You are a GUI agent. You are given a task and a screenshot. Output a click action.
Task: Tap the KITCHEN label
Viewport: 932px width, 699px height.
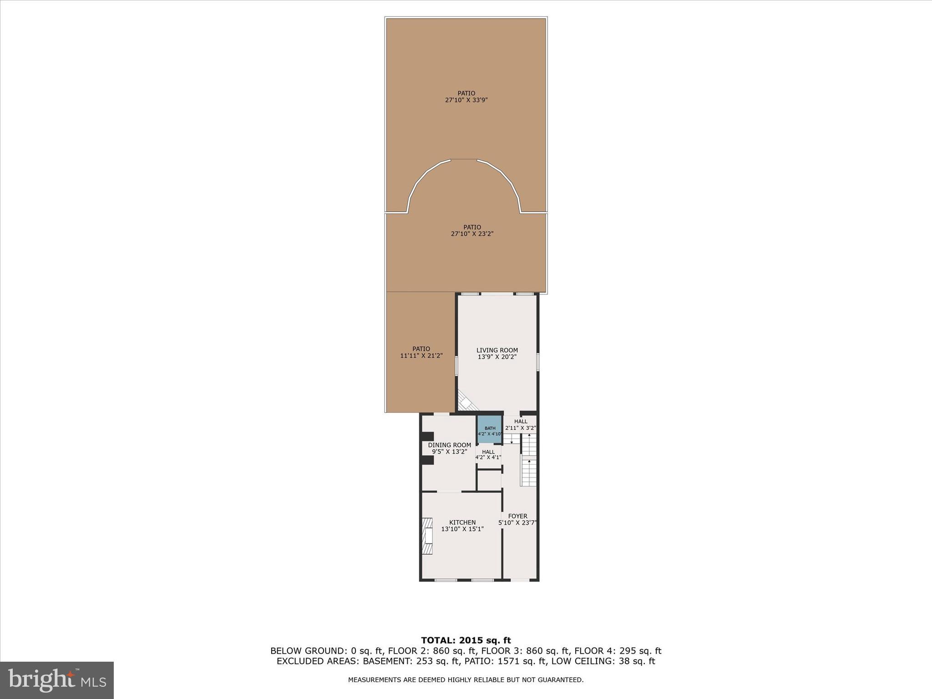[462, 522]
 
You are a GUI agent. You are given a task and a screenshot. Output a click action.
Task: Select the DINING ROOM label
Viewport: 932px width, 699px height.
[449, 445]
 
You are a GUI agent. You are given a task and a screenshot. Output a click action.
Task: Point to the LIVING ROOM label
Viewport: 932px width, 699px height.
[497, 350]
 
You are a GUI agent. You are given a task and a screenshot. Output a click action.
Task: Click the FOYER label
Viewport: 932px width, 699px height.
[517, 516]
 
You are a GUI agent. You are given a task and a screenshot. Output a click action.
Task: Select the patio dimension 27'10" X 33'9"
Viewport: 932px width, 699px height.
[466, 100]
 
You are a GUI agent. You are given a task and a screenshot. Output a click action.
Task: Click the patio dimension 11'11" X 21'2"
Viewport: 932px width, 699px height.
[421, 356]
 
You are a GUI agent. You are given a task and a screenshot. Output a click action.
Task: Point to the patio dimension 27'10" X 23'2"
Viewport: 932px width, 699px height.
[472, 234]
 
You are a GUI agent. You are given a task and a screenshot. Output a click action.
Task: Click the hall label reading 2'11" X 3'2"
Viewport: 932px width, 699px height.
[521, 428]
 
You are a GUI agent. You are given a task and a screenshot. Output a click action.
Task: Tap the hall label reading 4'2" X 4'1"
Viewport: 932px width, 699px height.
[488, 457]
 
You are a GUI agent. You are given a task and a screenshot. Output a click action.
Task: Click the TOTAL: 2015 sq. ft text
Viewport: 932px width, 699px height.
[466, 641]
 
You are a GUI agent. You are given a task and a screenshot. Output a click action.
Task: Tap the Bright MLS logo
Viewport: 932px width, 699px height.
[57, 680]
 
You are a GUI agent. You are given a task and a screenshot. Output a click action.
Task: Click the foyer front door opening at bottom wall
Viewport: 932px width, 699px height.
[520, 580]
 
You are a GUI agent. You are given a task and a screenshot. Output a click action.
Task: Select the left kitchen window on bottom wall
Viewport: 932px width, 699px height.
[446, 580]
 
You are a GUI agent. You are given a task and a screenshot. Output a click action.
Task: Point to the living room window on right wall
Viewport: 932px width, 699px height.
[537, 362]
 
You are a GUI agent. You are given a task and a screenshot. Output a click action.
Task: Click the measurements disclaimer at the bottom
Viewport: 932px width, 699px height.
[466, 680]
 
